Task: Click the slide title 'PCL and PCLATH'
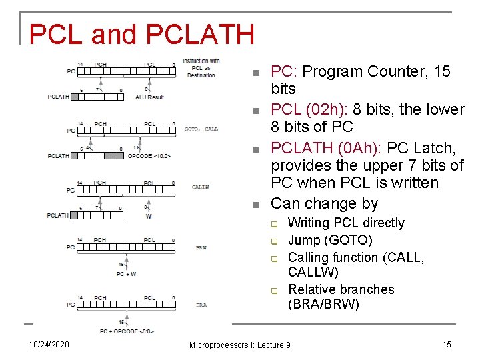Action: (141, 35)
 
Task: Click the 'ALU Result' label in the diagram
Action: (149, 97)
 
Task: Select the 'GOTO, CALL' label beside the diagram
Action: (201, 129)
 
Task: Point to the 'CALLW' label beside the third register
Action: (200, 187)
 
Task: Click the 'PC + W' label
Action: (126, 273)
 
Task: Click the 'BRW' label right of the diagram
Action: (201, 247)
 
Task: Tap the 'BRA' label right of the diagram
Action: (201, 305)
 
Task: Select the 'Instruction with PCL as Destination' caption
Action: (201, 67)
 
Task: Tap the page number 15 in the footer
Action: (447, 344)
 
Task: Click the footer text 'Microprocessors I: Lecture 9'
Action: (240, 345)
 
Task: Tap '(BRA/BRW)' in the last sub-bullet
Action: (323, 305)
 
